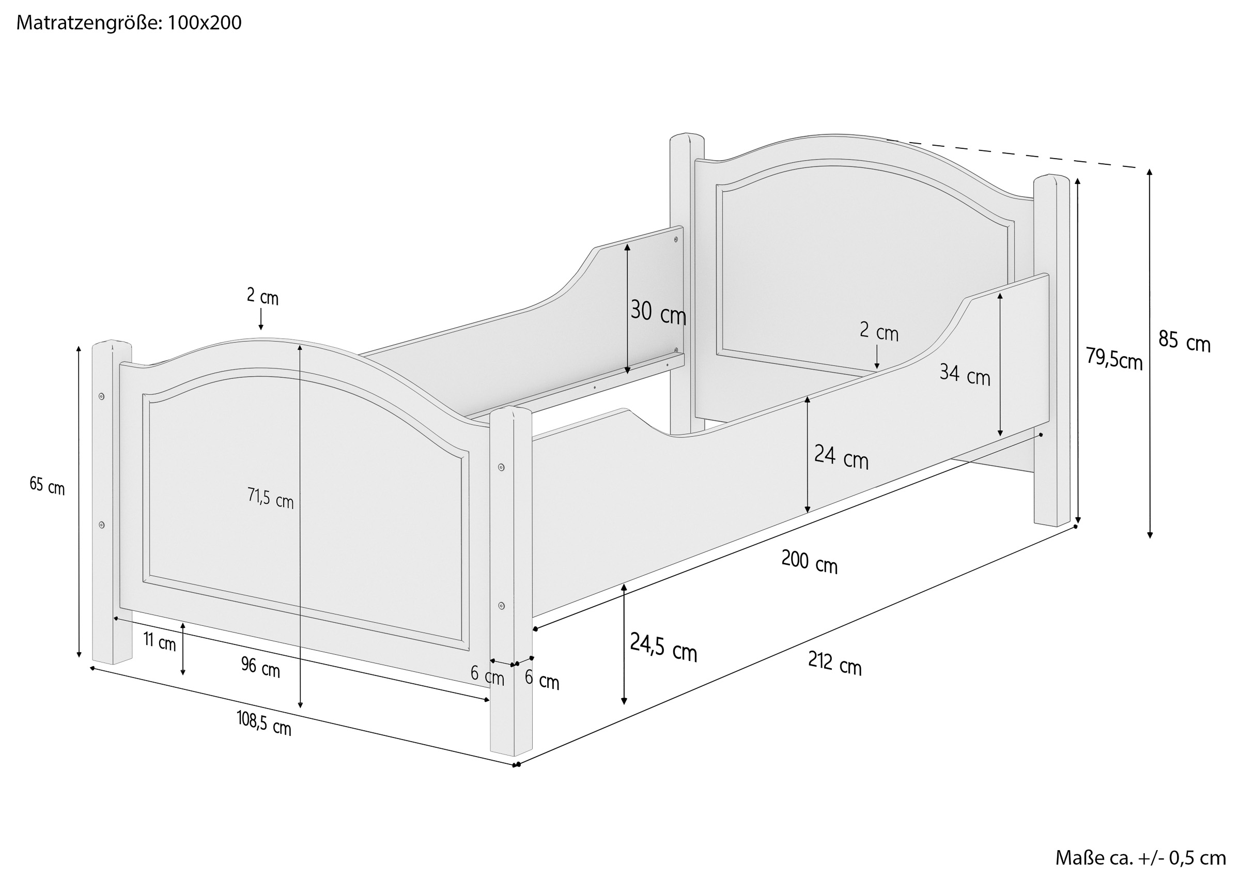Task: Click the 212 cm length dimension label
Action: pyautogui.click(x=834, y=664)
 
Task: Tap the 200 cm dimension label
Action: pyautogui.click(x=809, y=562)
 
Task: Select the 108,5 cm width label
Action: pyautogui.click(x=263, y=723)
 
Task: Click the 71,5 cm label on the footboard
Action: pyautogui.click(x=271, y=498)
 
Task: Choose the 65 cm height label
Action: pyautogui.click(x=47, y=485)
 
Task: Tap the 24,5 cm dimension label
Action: pyautogui.click(x=663, y=647)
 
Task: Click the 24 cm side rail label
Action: pyautogui.click(x=841, y=457)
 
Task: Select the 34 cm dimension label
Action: pyautogui.click(x=965, y=375)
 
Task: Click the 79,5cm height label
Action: pyautogui.click(x=1114, y=358)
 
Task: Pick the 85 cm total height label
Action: pyautogui.click(x=1184, y=341)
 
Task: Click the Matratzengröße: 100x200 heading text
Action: pyautogui.click(x=129, y=23)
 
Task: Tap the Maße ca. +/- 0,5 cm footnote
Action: pyautogui.click(x=1141, y=858)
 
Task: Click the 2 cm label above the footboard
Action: pyautogui.click(x=262, y=296)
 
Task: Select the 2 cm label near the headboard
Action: pyautogui.click(x=879, y=332)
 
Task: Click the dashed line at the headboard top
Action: pyautogui.click(x=1017, y=154)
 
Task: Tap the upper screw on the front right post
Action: pyautogui.click(x=501, y=467)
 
